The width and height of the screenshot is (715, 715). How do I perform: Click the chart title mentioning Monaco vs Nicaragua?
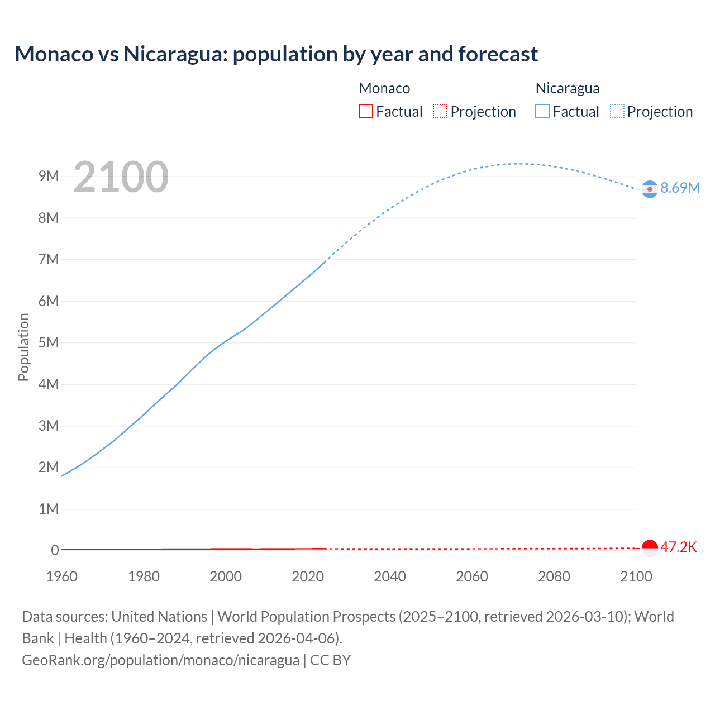click(276, 54)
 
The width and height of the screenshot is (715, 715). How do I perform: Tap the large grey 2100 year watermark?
click(121, 177)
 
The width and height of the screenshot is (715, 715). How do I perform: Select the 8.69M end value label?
click(680, 188)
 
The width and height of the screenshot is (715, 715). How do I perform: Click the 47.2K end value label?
click(678, 547)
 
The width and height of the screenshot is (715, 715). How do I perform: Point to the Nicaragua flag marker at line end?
click(649, 189)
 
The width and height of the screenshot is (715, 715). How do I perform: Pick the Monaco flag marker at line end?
click(649, 548)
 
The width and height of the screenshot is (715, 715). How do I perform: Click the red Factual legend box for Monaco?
click(366, 112)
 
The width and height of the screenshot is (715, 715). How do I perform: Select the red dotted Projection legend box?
click(440, 112)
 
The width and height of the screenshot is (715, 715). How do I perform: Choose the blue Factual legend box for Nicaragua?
click(542, 112)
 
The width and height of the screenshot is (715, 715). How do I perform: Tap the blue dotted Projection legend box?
click(617, 112)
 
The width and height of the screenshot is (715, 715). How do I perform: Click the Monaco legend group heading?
click(384, 88)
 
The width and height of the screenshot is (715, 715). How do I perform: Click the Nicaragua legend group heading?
click(568, 88)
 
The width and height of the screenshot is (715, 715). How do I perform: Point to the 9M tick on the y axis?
click(49, 177)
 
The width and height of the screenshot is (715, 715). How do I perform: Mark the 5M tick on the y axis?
click(49, 342)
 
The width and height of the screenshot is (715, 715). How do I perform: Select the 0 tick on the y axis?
click(55, 550)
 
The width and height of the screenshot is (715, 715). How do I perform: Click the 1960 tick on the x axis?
click(61, 576)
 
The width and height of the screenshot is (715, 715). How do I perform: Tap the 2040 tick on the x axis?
click(390, 576)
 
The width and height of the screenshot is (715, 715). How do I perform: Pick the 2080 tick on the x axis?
click(554, 576)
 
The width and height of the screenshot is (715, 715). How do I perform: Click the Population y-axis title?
click(23, 347)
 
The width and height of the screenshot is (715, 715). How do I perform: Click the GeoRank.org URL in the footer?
click(161, 660)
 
